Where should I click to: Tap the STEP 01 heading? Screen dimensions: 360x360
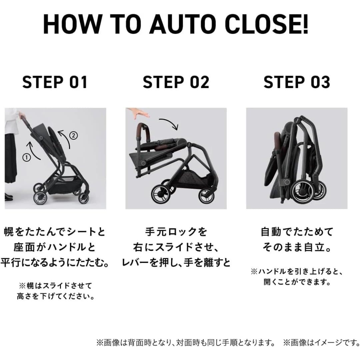[x=55, y=82]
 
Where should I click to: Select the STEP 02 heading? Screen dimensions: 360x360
[x=176, y=82]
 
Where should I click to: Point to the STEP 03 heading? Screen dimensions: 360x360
[x=297, y=82]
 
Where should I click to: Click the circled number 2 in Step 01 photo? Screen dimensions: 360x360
[x=73, y=135]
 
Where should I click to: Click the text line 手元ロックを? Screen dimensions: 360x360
[x=176, y=231]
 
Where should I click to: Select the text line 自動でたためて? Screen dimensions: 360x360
[x=297, y=231]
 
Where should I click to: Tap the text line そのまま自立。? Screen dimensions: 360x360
[x=297, y=247]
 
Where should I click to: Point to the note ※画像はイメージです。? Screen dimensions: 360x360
[x=321, y=342]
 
